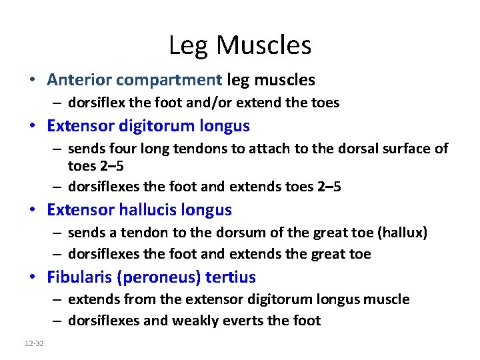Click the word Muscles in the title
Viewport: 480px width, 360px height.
264,46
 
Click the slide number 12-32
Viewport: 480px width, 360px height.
33,343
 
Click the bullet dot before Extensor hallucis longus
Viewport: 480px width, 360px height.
33,211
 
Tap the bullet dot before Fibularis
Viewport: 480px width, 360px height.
33,277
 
